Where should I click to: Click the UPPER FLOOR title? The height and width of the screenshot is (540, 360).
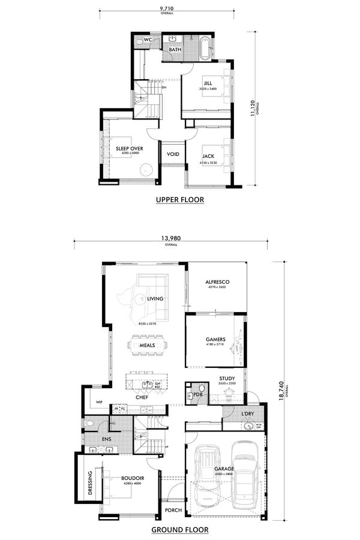180,200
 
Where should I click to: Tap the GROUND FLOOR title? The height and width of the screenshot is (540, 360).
180,530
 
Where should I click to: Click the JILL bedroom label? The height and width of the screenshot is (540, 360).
208,83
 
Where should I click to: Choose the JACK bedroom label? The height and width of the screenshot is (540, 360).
208,156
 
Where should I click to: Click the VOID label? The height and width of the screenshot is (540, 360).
173,154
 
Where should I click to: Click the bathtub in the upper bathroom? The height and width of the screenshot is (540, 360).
205,49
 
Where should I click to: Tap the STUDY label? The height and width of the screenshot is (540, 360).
227,378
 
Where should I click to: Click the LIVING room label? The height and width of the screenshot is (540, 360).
155,298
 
